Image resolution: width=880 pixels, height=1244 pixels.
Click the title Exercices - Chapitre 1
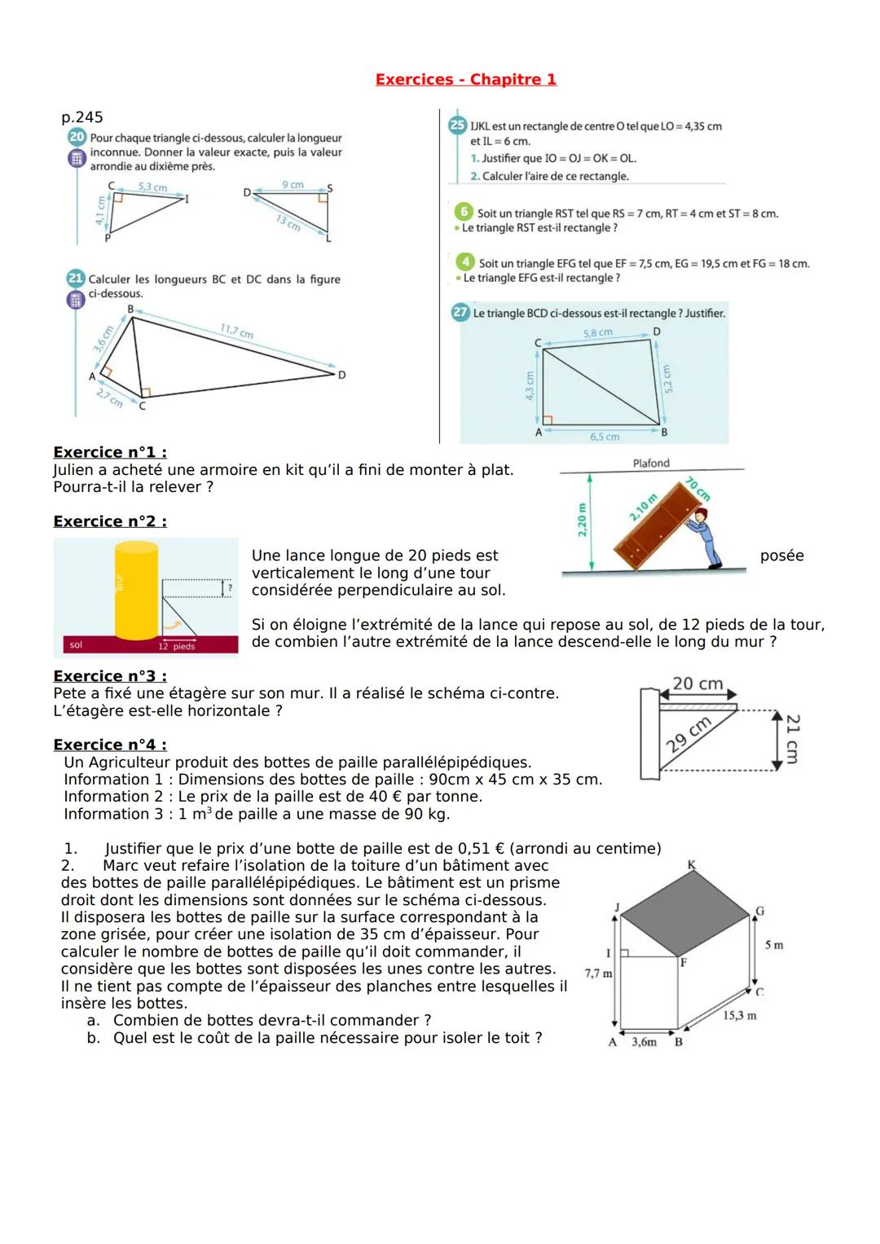pos(465,79)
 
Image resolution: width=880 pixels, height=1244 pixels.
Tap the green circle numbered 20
pos(77,138)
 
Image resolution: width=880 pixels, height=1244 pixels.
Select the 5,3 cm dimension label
pos(152,187)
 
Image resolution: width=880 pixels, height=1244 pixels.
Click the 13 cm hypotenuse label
pos(288,222)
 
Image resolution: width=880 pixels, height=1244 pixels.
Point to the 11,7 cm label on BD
pos(236,332)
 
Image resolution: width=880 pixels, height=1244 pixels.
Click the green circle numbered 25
pos(457,126)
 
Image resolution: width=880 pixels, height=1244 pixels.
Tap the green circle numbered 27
pos(460,313)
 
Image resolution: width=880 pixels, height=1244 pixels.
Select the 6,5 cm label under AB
pos(604,437)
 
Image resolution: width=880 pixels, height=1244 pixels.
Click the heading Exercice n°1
pos(110,452)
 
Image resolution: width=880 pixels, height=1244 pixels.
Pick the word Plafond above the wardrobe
pos(651,463)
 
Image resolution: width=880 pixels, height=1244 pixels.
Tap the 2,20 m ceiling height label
pos(582,521)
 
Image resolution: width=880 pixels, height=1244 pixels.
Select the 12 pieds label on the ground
pos(177,647)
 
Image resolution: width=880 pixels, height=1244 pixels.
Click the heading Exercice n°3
pos(110,676)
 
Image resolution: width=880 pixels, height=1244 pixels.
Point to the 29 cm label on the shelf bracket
pos(689,736)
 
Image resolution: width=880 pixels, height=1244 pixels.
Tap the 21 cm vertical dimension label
pos(792,739)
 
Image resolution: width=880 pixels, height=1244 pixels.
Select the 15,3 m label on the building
pos(739,1016)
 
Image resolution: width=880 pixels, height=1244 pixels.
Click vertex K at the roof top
pos(691,864)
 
